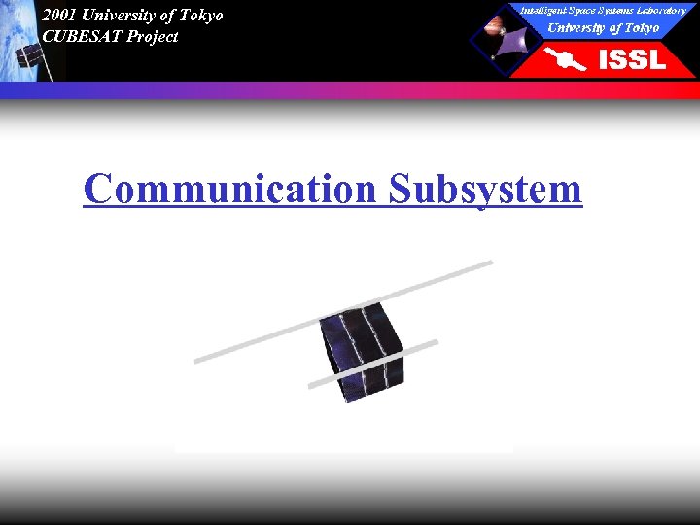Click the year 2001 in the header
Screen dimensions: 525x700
[58, 16]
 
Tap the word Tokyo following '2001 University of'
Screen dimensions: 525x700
[200, 16]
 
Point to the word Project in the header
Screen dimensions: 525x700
[153, 37]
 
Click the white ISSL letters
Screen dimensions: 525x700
[632, 59]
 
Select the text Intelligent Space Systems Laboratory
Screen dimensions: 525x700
[602, 10]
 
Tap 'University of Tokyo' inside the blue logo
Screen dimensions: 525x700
[603, 27]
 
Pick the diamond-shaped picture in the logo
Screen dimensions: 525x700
[505, 40]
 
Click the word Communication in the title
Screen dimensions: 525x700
[228, 189]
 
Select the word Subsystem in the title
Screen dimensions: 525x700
[485, 189]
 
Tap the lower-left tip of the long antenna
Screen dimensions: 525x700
[198, 361]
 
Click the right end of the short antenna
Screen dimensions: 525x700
[435, 342]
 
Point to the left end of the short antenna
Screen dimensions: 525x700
[312, 386]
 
